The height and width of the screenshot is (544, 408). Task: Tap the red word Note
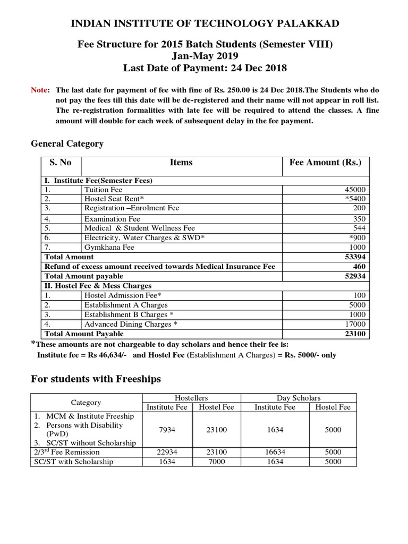pos(40,90)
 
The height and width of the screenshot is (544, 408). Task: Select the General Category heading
pos(67,144)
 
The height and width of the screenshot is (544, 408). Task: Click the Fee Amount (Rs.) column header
pos(325,163)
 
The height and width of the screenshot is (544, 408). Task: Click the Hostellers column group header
pos(191,398)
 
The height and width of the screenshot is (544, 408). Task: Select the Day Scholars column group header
pos(299,398)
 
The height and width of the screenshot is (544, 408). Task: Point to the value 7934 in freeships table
pos(168,429)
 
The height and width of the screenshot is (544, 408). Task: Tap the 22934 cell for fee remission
pos(168,452)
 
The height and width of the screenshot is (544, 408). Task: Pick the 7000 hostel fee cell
pos(217,462)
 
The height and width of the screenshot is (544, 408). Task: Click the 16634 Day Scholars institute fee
pos(274,452)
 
